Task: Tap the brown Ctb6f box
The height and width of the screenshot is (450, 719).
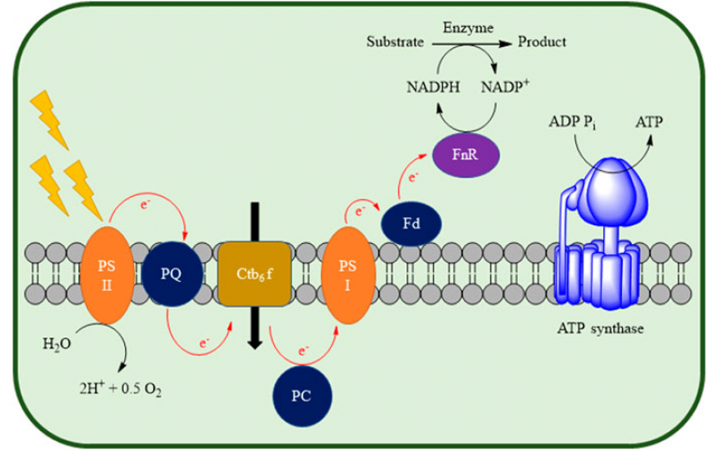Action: click(254, 270)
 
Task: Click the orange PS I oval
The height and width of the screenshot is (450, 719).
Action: click(347, 274)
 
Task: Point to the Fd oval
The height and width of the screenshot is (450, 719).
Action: click(411, 223)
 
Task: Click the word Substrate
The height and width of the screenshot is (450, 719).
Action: click(395, 41)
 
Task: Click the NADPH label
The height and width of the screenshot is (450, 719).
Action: click(414, 87)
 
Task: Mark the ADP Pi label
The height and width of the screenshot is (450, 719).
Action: click(573, 121)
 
